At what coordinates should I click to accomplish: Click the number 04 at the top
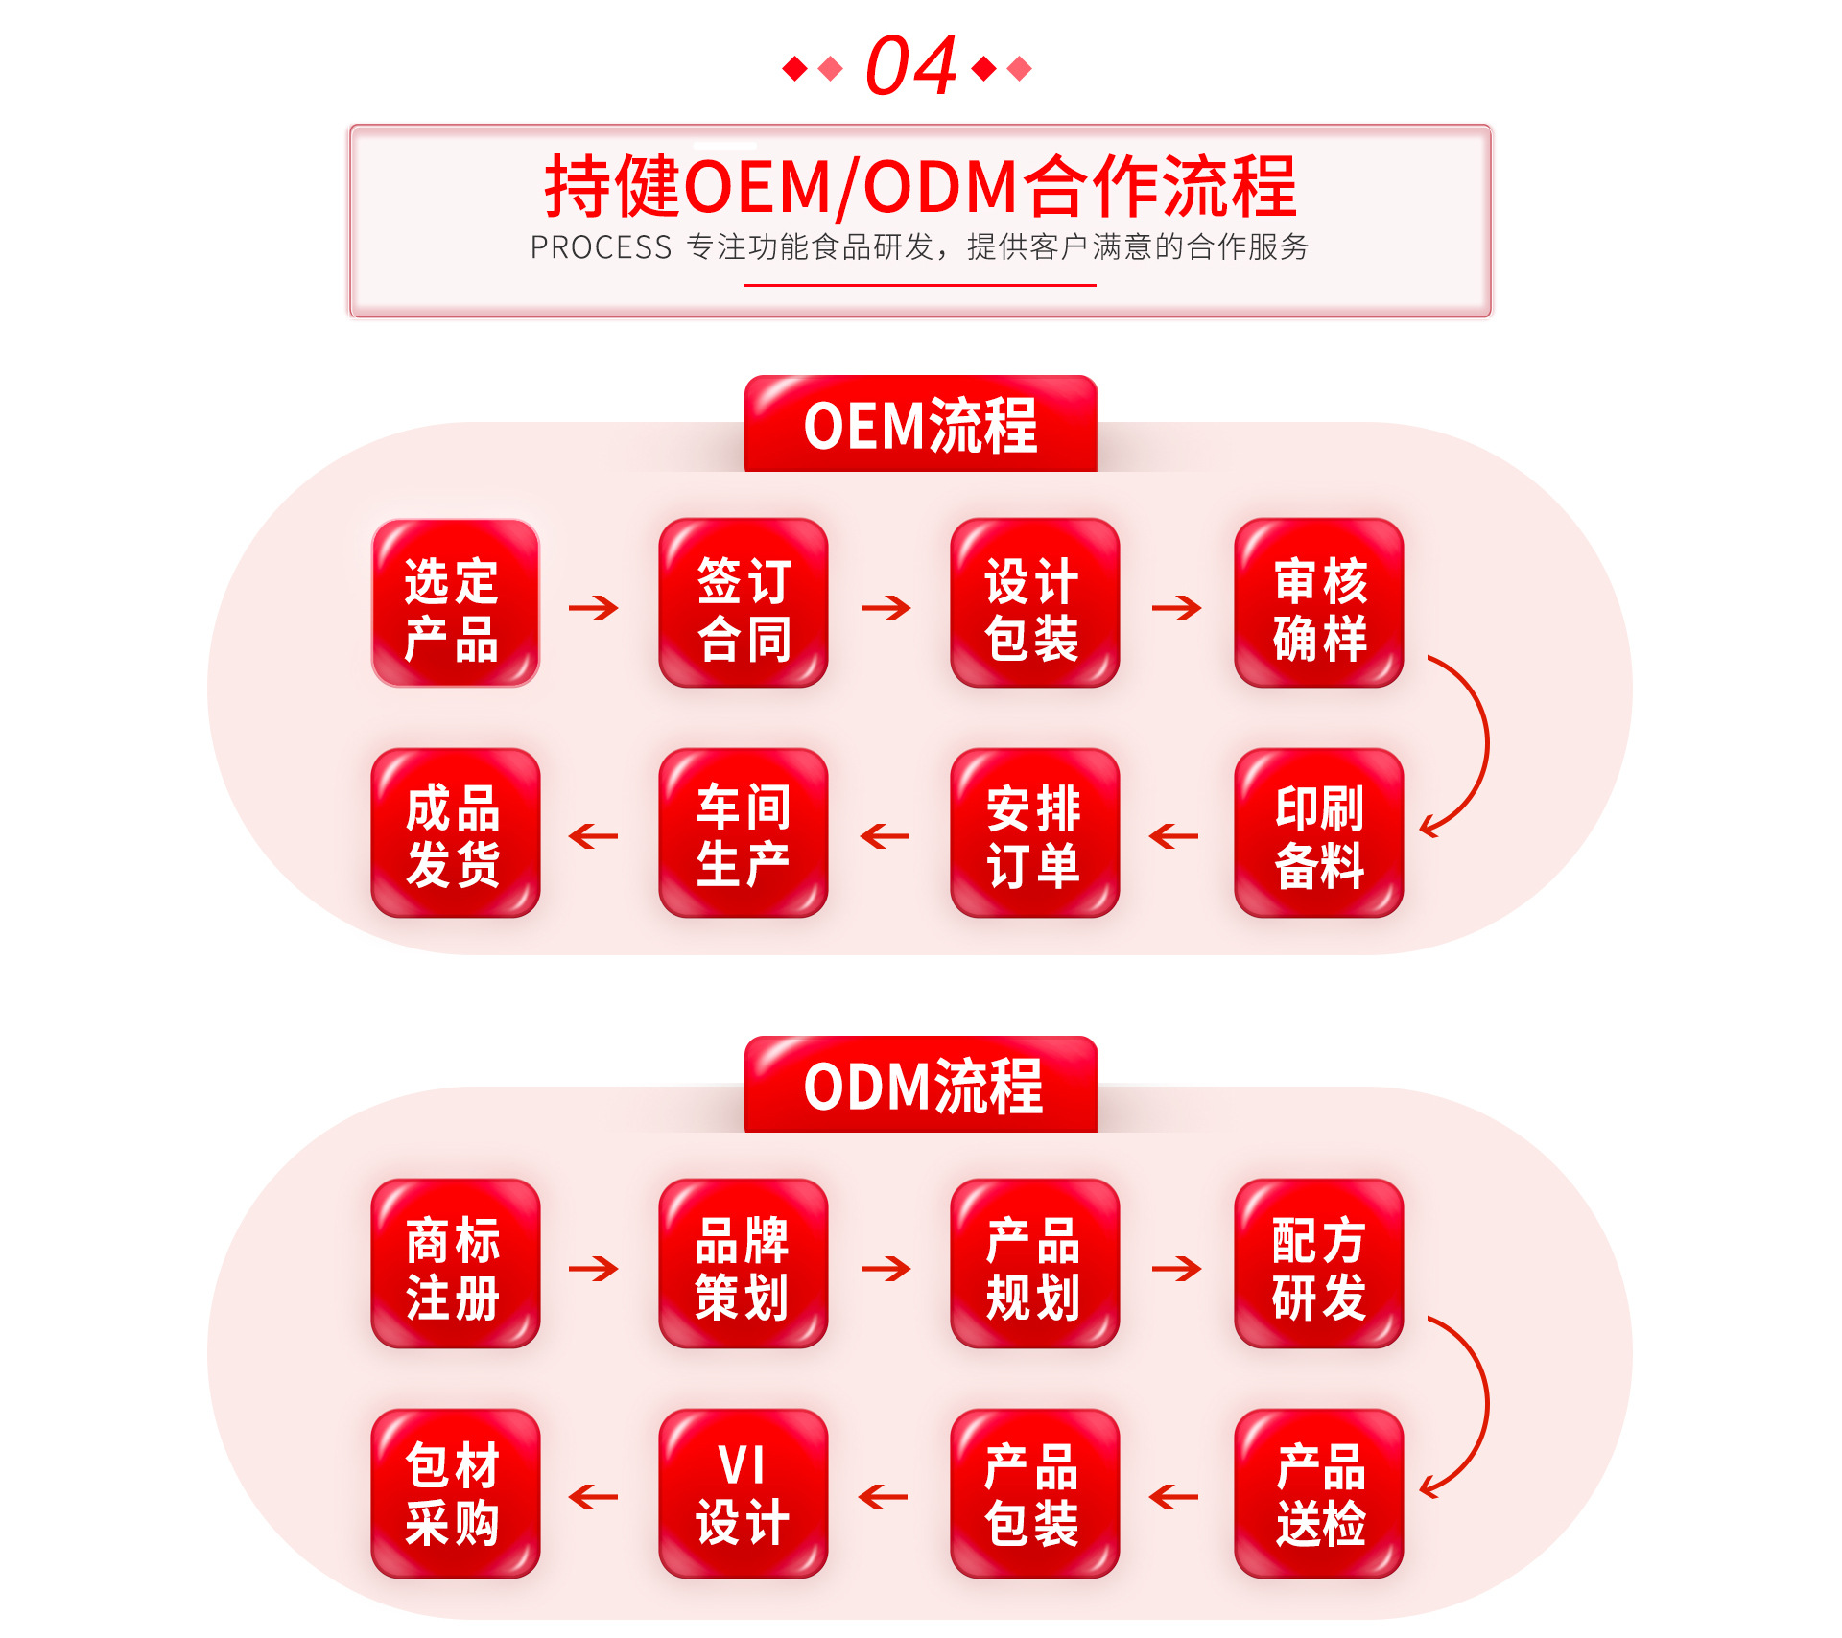[x=910, y=66]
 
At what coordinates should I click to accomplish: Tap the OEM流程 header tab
[x=921, y=425]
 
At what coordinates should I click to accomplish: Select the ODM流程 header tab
[x=921, y=1086]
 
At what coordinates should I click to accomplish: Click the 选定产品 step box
[x=456, y=603]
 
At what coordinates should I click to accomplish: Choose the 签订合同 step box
[x=744, y=603]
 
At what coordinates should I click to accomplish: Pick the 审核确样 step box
[x=1319, y=603]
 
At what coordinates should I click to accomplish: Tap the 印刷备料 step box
[x=1319, y=832]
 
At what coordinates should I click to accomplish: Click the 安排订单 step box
[x=1034, y=832]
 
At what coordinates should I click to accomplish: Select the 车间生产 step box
[x=744, y=832]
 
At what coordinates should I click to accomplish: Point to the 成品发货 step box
[x=456, y=832]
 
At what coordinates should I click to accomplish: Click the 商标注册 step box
[x=456, y=1263]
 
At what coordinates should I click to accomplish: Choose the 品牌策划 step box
[x=744, y=1263]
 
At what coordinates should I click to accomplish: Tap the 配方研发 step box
[x=1319, y=1263]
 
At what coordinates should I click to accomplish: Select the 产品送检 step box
[x=1319, y=1493]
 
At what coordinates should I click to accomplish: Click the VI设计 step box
[x=744, y=1493]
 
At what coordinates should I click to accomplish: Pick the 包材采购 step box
[x=456, y=1493]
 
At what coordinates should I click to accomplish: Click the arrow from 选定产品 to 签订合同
[x=594, y=607]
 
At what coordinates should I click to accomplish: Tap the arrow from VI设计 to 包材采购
[x=594, y=1497]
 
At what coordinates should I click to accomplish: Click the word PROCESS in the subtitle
[x=601, y=247]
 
